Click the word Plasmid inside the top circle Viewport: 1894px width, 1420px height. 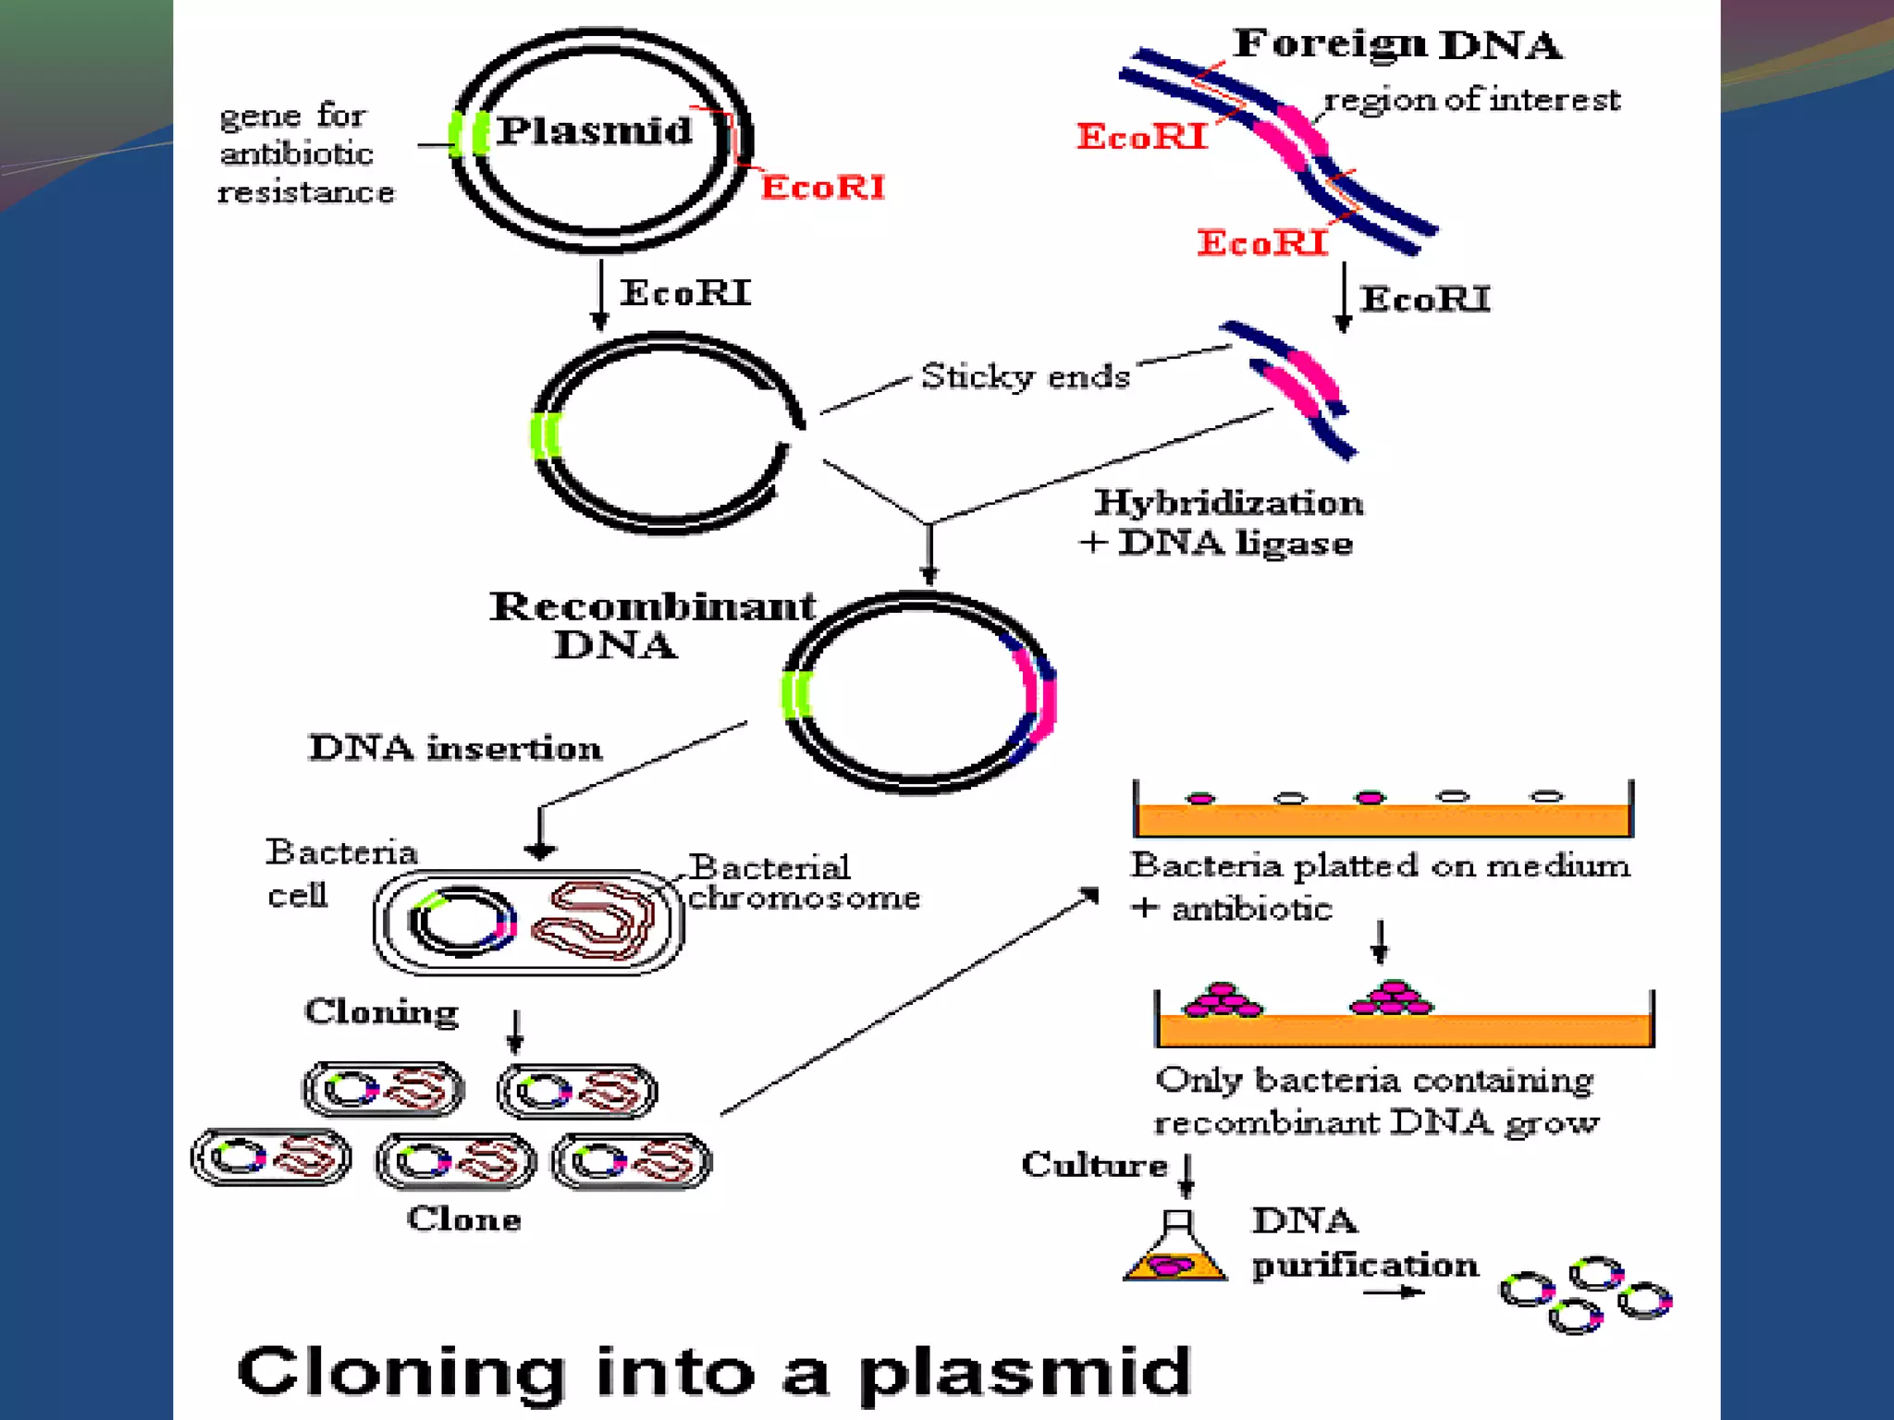click(x=594, y=130)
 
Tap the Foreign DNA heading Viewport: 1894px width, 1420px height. click(x=1396, y=44)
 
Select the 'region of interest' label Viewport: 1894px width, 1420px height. click(x=1471, y=100)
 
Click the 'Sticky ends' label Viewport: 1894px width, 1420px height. click(x=1025, y=376)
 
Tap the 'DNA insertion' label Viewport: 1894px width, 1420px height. click(x=454, y=747)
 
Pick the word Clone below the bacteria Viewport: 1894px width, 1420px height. click(x=464, y=1218)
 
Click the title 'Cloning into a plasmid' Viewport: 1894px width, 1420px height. click(x=713, y=1372)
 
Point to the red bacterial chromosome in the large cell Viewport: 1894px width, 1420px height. click(x=593, y=921)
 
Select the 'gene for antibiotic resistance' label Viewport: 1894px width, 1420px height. click(x=304, y=153)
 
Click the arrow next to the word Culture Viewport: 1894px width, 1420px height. click(x=1187, y=1174)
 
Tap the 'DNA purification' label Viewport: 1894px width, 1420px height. click(x=1363, y=1243)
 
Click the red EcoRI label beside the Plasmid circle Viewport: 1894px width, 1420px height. click(x=822, y=188)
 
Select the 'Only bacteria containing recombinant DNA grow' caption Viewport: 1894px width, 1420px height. click(x=1375, y=1101)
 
